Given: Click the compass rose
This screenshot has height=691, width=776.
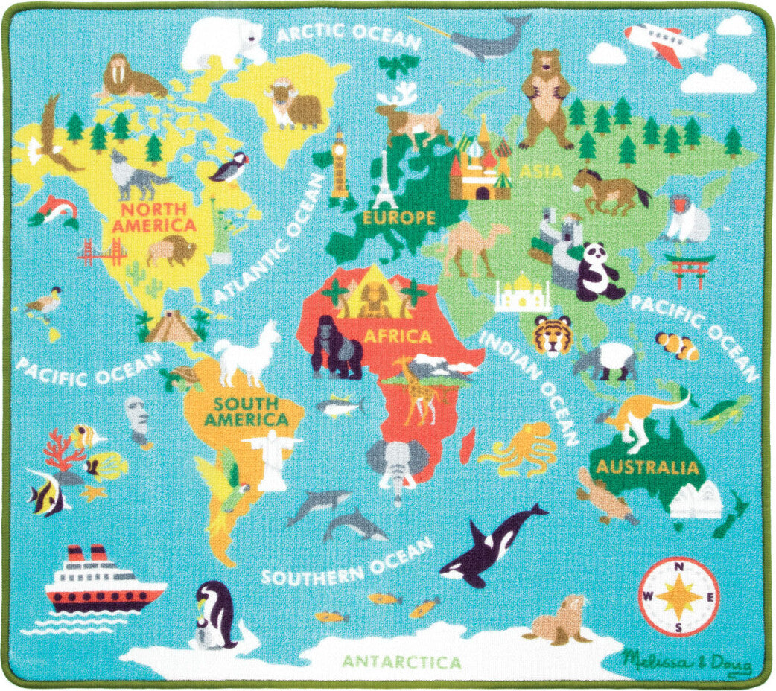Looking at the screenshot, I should (x=678, y=596).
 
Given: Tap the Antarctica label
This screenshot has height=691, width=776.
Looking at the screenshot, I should (x=401, y=660).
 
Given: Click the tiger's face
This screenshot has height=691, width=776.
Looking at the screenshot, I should (x=553, y=334).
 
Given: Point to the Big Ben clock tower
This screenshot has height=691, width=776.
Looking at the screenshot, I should (x=340, y=165).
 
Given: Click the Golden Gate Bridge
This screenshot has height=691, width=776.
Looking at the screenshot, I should (x=102, y=252).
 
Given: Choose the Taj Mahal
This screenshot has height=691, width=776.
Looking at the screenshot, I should (x=523, y=296).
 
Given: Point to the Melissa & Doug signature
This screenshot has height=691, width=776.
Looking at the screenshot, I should (x=687, y=660).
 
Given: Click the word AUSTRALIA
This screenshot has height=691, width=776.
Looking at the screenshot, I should (x=647, y=468).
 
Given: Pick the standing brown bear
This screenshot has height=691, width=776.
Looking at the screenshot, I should (x=547, y=99).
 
